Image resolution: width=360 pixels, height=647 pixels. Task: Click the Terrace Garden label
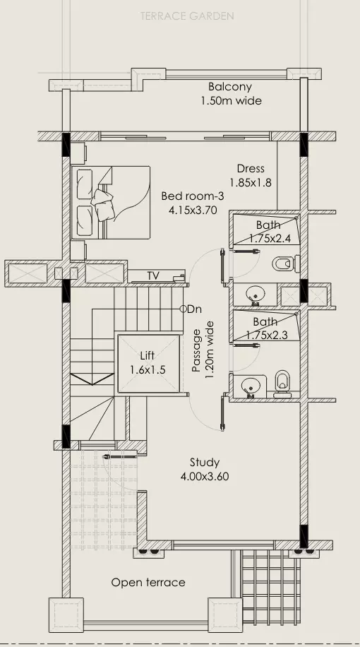[x=187, y=16]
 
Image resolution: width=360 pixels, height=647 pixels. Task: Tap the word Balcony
[x=230, y=87]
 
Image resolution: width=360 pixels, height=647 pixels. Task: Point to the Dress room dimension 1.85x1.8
[x=251, y=182]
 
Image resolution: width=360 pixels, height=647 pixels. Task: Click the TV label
[x=153, y=275]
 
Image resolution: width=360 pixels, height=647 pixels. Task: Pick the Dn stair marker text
[x=195, y=309]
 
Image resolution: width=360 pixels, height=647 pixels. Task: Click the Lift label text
[x=148, y=355]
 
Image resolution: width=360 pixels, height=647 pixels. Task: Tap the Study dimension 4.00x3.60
[x=205, y=477]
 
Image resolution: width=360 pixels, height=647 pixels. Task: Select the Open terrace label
[x=148, y=583]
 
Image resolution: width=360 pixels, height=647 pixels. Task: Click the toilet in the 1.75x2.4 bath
[x=285, y=263]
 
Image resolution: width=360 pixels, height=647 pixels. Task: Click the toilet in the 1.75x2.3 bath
[x=282, y=384]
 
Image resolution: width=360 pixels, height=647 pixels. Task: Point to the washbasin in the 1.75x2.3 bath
[x=249, y=386]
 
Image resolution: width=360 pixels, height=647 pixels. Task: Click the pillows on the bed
[x=102, y=203]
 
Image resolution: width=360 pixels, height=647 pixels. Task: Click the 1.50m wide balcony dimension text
[x=232, y=101]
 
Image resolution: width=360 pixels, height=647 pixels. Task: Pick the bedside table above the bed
[x=78, y=153]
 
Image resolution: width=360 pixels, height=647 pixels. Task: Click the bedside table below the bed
[x=78, y=250]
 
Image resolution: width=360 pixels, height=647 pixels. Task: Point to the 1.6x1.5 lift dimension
[x=148, y=369]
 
